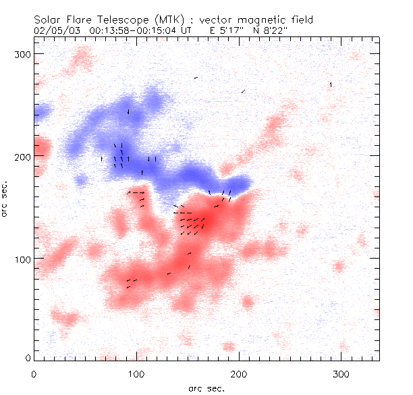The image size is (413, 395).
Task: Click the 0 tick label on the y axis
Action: point(28,357)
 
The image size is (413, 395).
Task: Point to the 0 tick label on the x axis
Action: point(34,373)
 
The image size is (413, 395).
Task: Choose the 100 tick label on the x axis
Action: point(136,373)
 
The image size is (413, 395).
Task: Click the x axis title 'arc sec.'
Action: point(206,388)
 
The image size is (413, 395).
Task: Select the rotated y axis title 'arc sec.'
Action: point(5,199)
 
